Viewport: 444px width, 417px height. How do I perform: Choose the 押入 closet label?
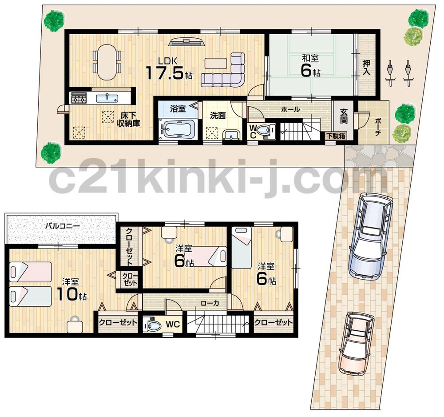click(x=366, y=67)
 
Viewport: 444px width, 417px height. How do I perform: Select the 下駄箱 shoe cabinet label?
click(x=336, y=136)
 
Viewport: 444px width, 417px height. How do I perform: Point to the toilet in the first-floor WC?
click(x=264, y=131)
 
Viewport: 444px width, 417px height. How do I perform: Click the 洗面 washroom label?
click(x=218, y=116)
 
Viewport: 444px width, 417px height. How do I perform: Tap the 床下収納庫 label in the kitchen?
click(x=129, y=119)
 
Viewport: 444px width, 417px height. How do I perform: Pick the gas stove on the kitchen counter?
click(x=79, y=98)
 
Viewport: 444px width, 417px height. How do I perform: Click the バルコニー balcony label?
click(x=63, y=226)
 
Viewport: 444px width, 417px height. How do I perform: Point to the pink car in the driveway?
click(x=356, y=343)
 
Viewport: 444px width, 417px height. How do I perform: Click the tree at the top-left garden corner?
click(x=55, y=20)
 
